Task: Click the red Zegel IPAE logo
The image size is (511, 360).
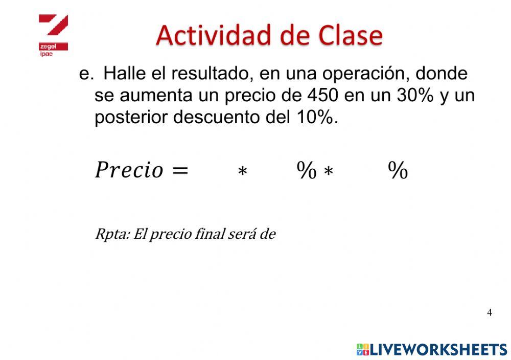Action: [x=53, y=35]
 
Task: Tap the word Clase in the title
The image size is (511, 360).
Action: [x=351, y=35]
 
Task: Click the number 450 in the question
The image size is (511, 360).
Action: [x=322, y=96]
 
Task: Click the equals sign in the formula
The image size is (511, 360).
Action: [x=180, y=170]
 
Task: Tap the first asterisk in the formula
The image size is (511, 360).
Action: [x=242, y=171]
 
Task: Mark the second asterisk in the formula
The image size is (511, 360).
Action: [x=329, y=171]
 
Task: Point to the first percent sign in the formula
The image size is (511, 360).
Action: [x=307, y=170]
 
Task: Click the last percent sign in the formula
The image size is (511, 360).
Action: [x=398, y=170]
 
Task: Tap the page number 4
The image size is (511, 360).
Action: [x=490, y=312]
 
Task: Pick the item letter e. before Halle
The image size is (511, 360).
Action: [x=86, y=74]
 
